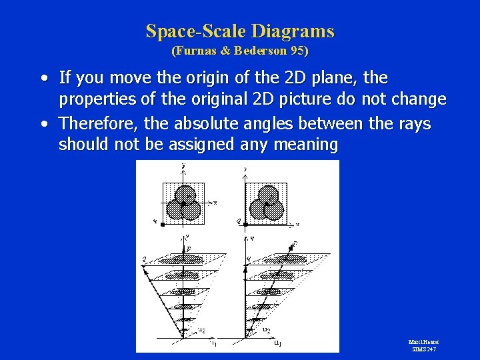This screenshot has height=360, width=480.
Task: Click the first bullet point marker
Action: pos(43,79)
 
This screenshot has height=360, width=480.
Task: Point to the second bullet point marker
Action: pos(43,124)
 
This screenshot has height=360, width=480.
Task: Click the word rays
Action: pos(414,123)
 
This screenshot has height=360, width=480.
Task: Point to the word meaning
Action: pos(307,145)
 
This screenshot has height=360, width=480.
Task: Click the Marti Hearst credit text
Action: pos(423,342)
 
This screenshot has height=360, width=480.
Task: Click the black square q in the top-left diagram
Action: pos(162,225)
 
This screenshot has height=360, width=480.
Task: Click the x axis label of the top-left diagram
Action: pos(215,202)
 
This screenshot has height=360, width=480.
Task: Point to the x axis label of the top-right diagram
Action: pos(297,224)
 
